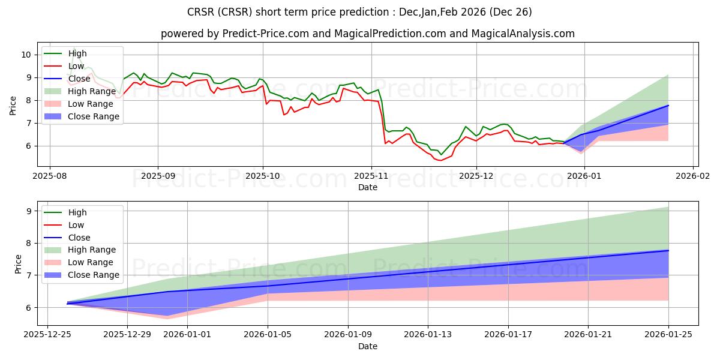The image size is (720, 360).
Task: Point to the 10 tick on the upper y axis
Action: point(26,55)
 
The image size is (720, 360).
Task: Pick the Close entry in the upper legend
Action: point(79,79)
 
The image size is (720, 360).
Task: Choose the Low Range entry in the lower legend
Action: point(90,262)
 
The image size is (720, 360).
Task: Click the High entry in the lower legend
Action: point(77,212)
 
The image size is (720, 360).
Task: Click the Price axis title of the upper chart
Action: point(13,106)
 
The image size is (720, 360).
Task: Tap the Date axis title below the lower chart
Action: point(367,346)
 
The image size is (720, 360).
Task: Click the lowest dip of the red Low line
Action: point(440,160)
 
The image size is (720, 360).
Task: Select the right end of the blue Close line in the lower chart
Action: point(668,250)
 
